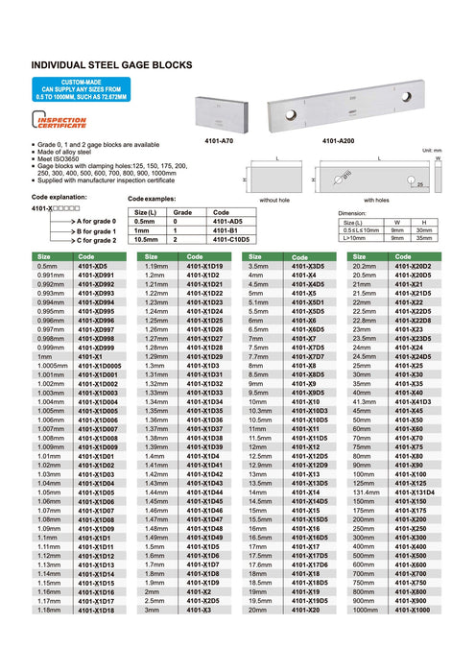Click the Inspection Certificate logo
click(59, 124)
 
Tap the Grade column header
click(182, 211)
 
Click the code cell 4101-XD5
click(93, 266)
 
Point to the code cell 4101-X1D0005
click(100, 366)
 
